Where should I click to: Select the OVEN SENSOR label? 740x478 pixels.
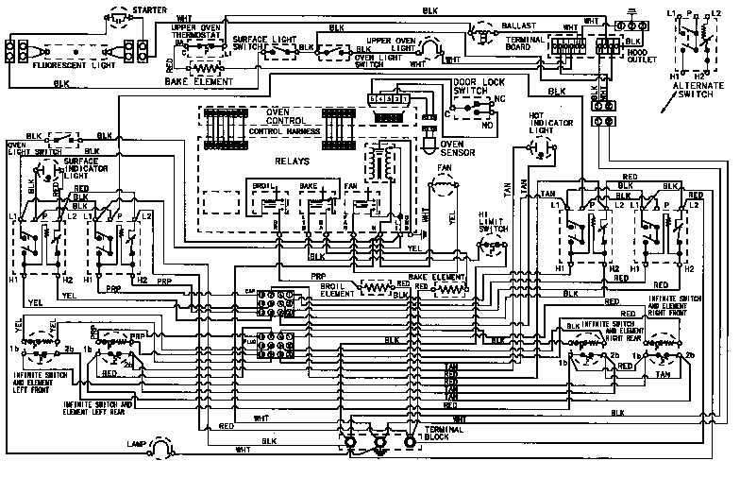(458, 150)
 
